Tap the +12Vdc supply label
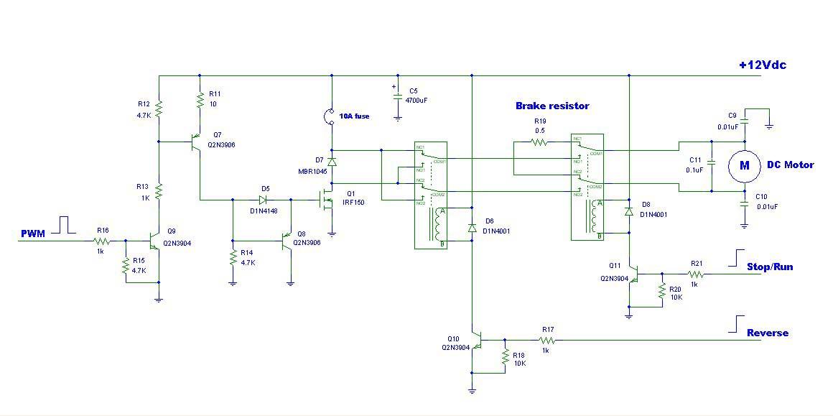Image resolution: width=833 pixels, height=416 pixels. tap(762, 65)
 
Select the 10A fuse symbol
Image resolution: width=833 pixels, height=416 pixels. tap(331, 116)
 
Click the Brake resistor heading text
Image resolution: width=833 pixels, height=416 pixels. tap(552, 106)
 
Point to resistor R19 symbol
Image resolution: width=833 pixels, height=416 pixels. tap(540, 142)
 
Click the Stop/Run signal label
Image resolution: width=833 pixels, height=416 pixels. tap(770, 267)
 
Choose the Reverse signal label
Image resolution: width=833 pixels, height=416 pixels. tap(767, 333)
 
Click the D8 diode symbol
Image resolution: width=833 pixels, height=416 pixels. tap(629, 212)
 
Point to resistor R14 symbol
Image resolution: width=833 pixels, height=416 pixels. tap(233, 256)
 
